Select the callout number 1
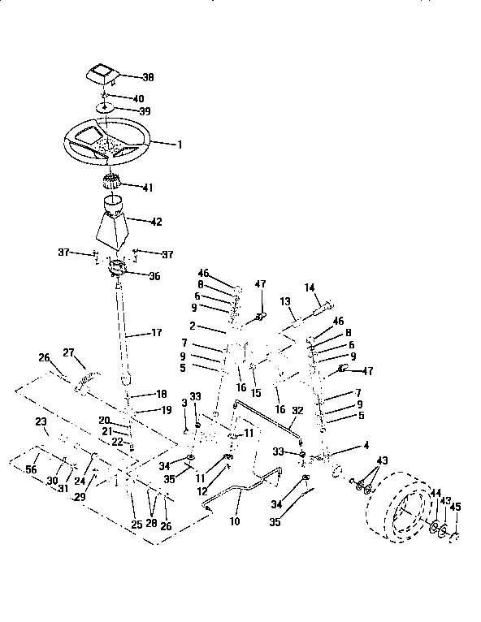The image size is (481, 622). pyautogui.click(x=180, y=144)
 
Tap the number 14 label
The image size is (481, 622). pyautogui.click(x=309, y=287)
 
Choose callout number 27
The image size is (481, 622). pyautogui.click(x=68, y=352)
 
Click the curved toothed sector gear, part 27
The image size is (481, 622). pyautogui.click(x=87, y=379)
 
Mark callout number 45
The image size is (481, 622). pyautogui.click(x=455, y=507)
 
